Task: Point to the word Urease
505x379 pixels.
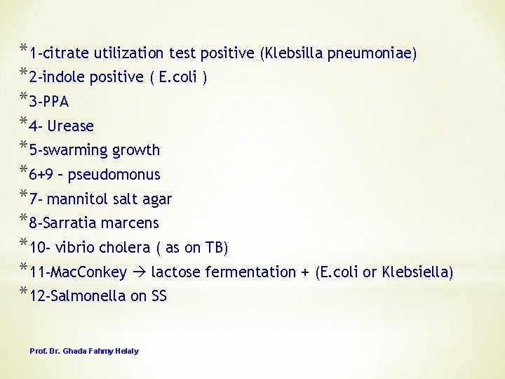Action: pyautogui.click(x=70, y=126)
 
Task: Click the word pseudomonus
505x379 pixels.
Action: pyautogui.click(x=123, y=175)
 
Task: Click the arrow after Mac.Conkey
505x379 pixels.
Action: pyautogui.click(x=139, y=272)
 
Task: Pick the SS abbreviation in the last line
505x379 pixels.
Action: pyautogui.click(x=159, y=296)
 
